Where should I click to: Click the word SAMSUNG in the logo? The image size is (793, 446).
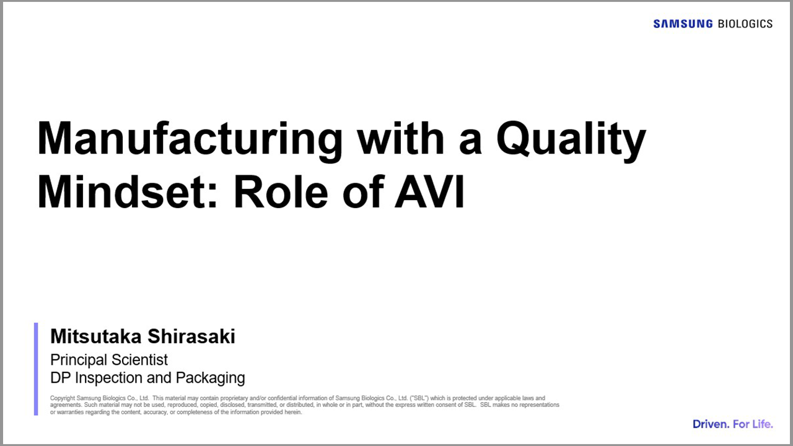[x=683, y=24]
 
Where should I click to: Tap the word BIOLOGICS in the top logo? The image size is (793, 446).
[x=745, y=24]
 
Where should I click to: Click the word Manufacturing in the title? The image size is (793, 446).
[x=190, y=139]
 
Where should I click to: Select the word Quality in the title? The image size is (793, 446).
[x=571, y=139]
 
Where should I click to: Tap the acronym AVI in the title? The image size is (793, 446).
[x=429, y=192]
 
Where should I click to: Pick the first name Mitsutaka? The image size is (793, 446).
[x=95, y=336]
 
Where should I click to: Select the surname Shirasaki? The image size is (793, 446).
[x=191, y=336]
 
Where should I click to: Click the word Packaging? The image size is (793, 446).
[x=210, y=378]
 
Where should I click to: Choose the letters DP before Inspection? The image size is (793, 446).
[x=60, y=378]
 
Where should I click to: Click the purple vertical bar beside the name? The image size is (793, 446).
[x=36, y=369]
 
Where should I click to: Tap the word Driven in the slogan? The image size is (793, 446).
[x=711, y=424]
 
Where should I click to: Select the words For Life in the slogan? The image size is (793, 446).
[x=753, y=424]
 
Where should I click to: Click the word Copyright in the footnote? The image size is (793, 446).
[x=63, y=398]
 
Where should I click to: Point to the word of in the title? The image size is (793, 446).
[x=363, y=192]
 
